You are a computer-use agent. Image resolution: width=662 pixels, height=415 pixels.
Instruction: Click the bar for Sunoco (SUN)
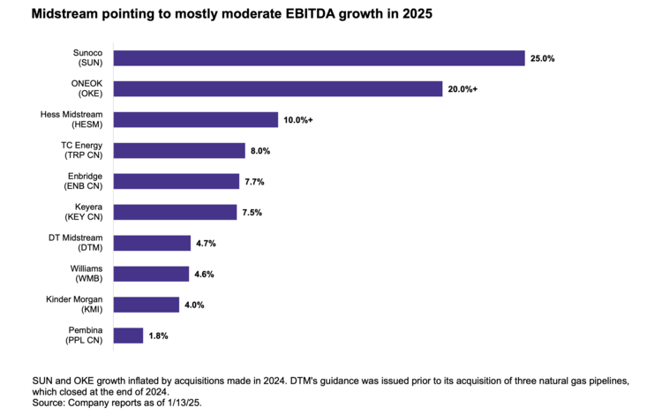tap(320, 58)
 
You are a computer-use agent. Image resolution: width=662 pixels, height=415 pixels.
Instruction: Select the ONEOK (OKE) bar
tap(278, 89)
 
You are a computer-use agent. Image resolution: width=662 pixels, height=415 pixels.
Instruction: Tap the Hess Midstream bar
tap(196, 120)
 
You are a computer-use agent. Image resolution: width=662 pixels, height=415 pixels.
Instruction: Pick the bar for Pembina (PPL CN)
tap(129, 336)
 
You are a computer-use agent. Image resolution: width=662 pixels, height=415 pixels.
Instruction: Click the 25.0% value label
tap(543, 58)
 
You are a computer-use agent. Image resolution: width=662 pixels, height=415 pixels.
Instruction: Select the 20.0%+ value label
tap(463, 89)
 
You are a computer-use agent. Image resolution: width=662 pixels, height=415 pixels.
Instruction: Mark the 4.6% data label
tap(205, 274)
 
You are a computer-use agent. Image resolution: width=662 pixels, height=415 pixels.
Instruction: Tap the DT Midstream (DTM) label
tap(78, 243)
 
